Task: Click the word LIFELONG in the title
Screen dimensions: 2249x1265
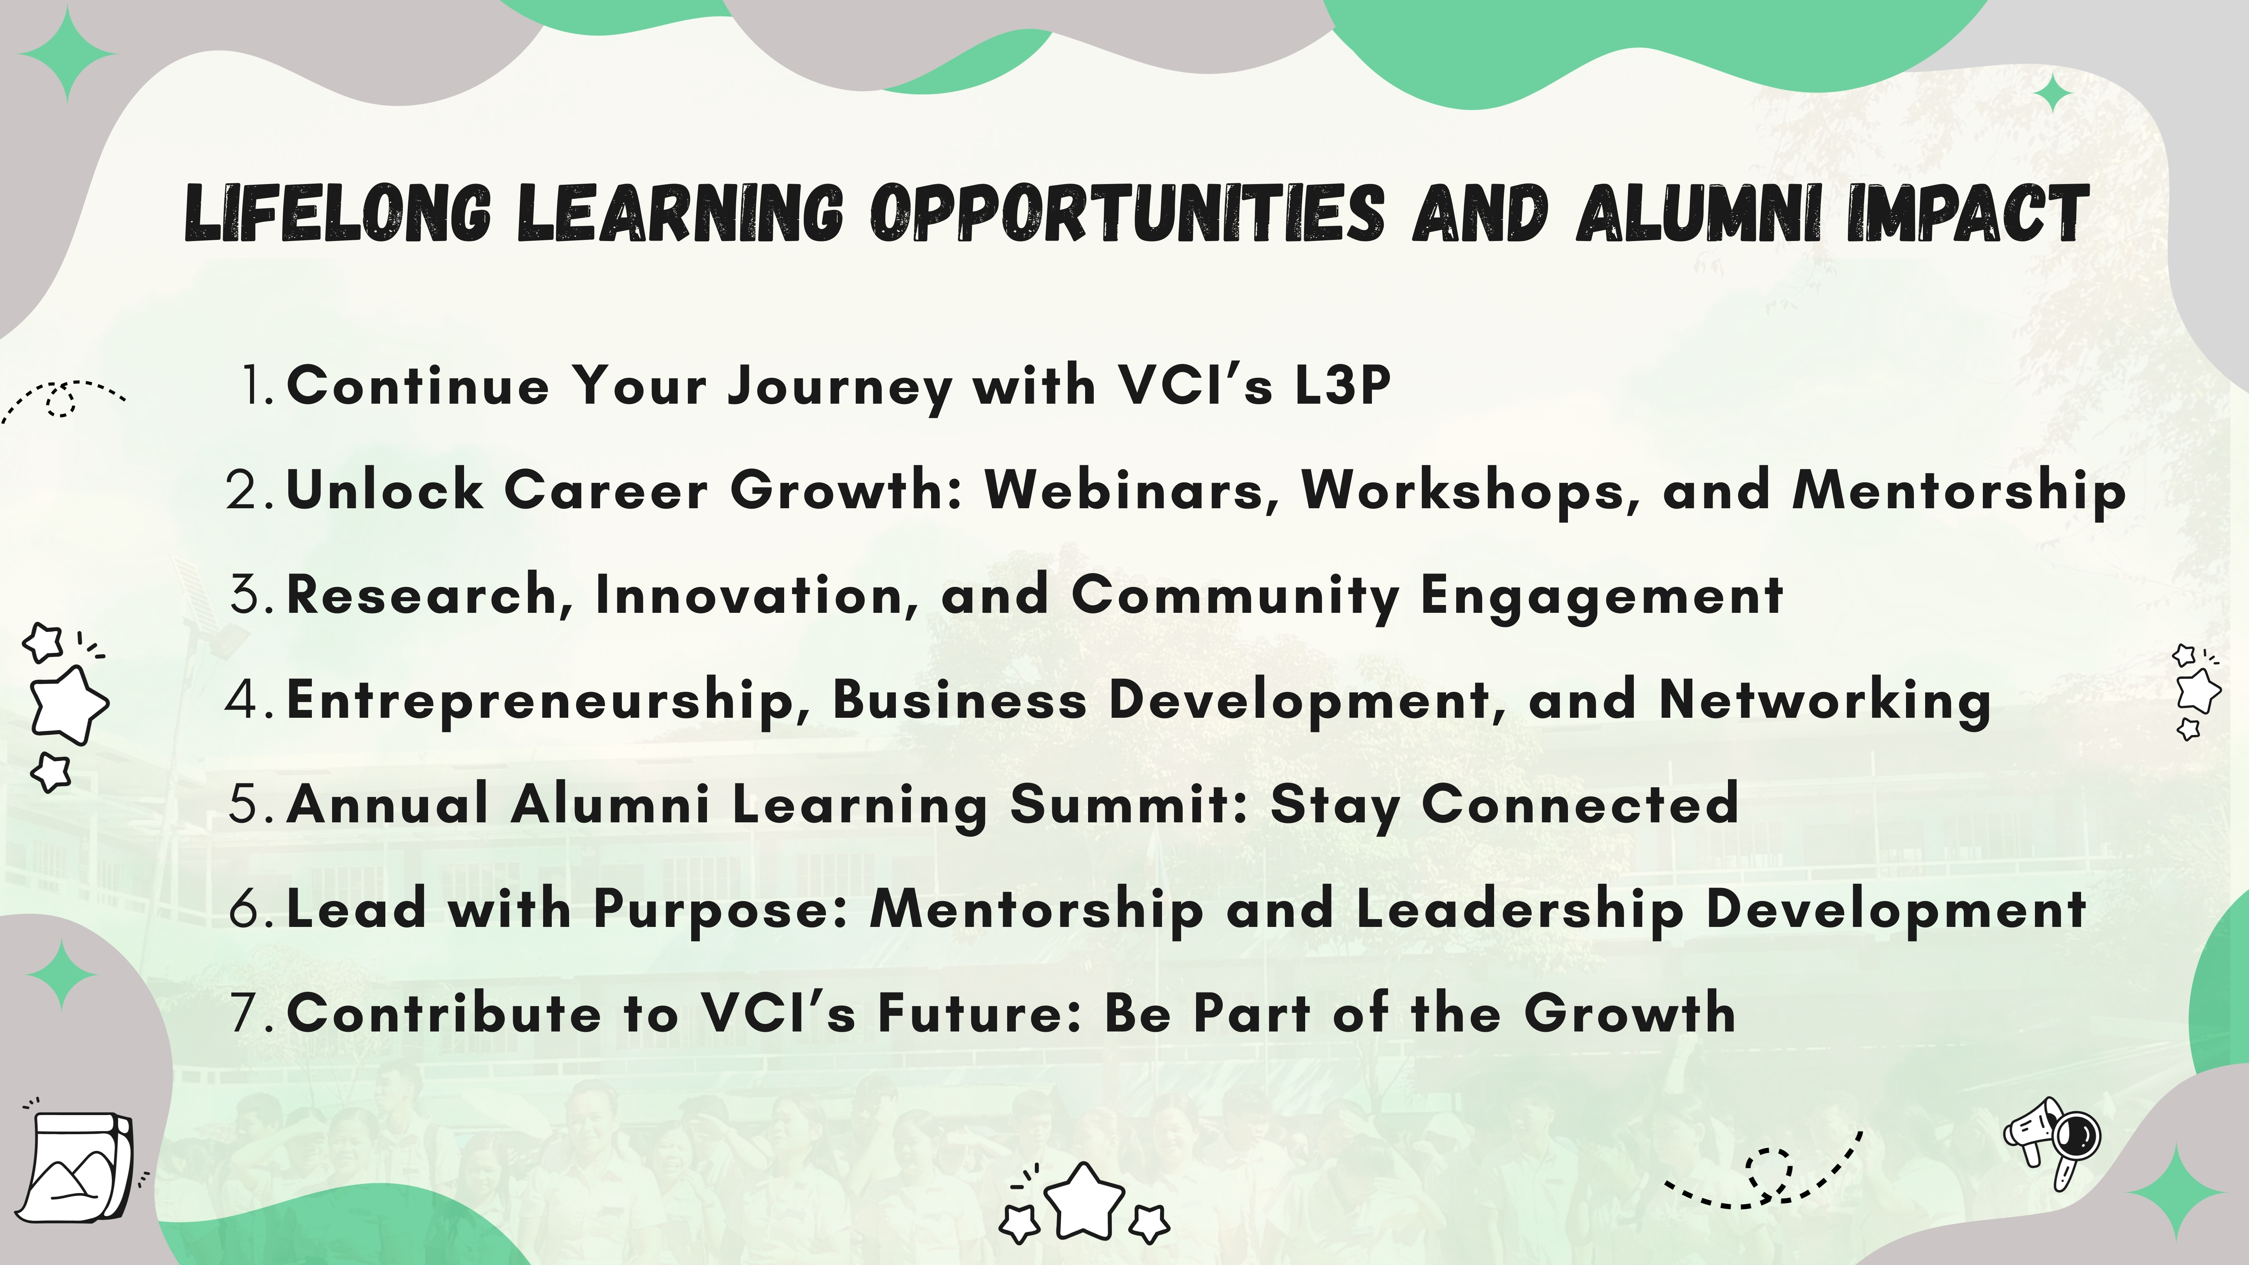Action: (338, 214)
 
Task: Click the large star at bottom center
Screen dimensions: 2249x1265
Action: (1084, 1201)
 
